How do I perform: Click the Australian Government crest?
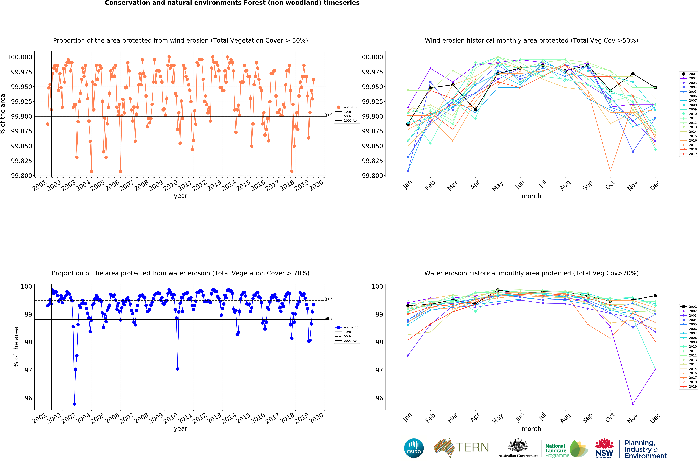click(518, 446)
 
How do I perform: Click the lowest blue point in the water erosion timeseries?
click(74, 404)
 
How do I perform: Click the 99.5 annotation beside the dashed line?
click(328, 299)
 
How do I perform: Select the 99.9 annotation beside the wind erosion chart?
click(328, 115)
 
